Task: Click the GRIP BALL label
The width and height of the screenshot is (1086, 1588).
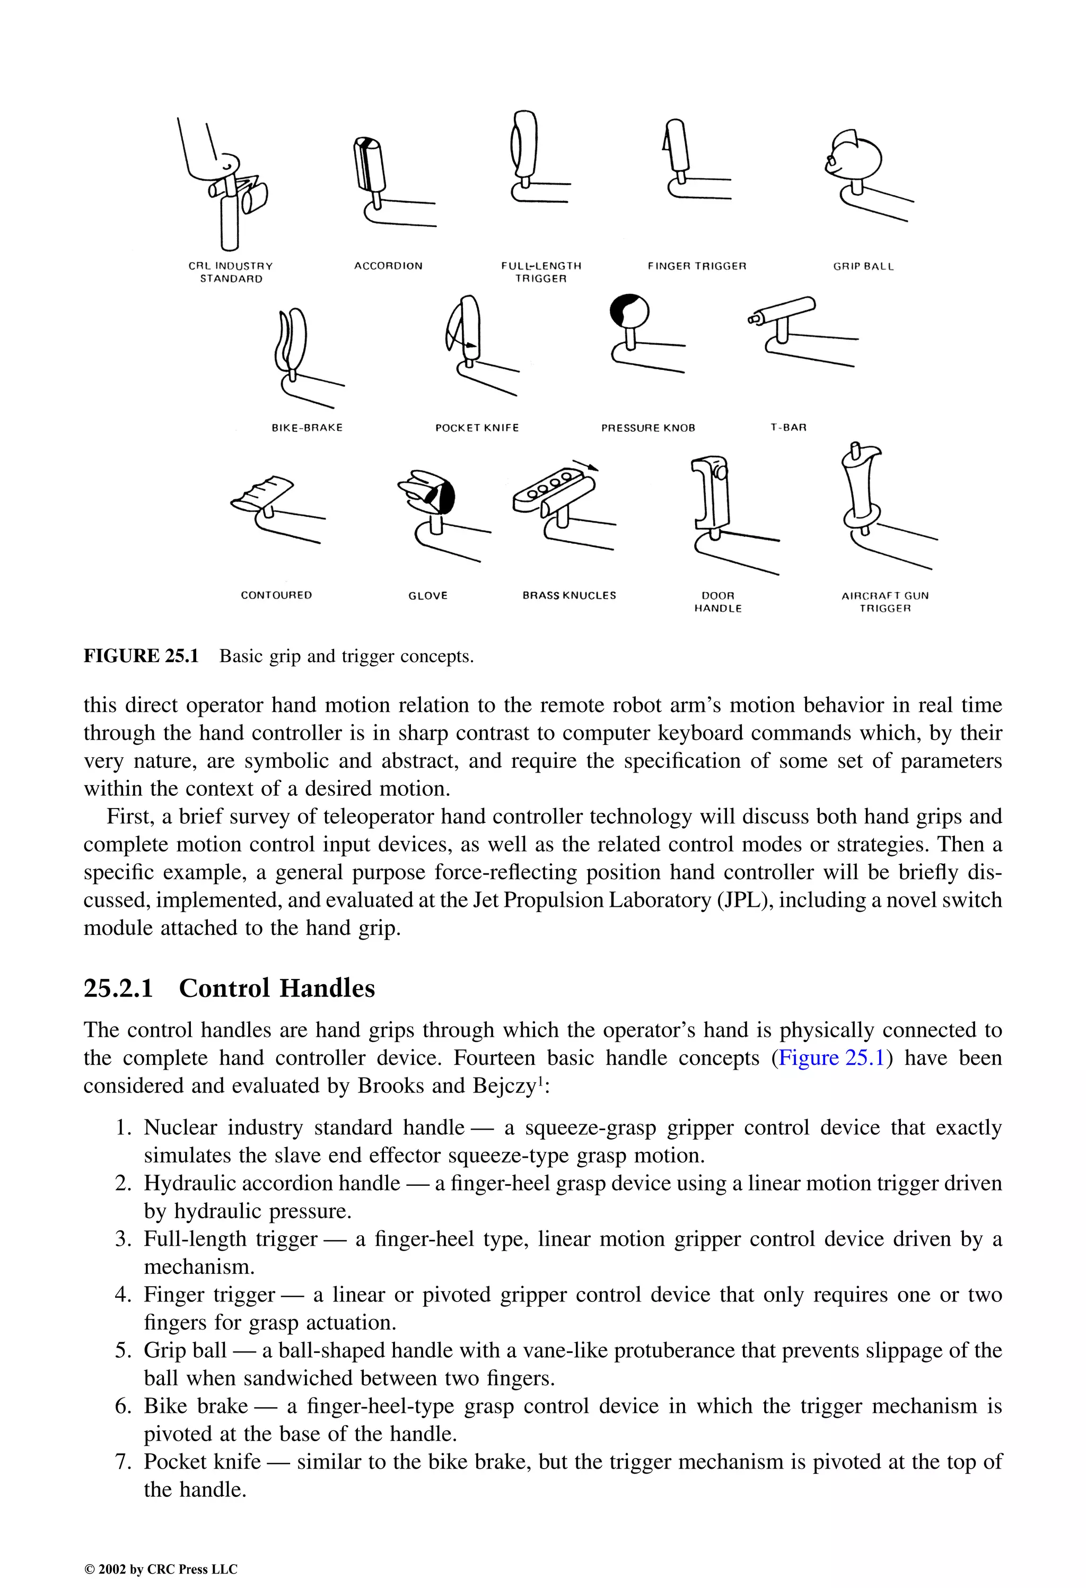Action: [x=863, y=266]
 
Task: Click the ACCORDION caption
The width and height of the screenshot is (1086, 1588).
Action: [x=388, y=266]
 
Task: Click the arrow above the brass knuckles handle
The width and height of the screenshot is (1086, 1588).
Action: [x=586, y=465]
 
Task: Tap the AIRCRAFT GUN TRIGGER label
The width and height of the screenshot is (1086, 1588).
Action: [x=884, y=601]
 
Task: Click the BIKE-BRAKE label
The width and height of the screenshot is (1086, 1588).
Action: [x=306, y=428]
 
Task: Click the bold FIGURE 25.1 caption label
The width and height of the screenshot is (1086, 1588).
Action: [x=141, y=656]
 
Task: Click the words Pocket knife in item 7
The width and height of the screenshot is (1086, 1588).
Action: [x=202, y=1462]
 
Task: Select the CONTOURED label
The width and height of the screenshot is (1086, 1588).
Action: [x=276, y=595]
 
